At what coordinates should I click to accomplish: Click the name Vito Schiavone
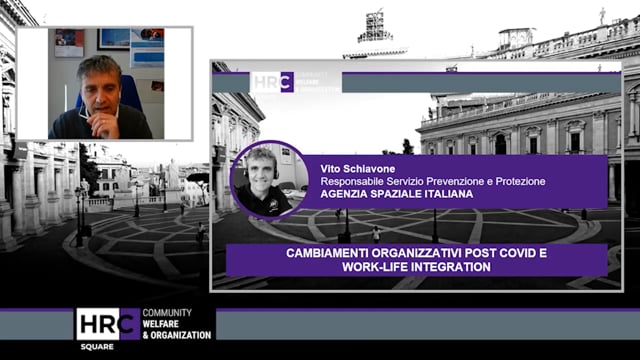click(x=351, y=169)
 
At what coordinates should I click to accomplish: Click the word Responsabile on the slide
click(x=350, y=182)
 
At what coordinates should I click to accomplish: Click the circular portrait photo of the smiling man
click(x=268, y=180)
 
